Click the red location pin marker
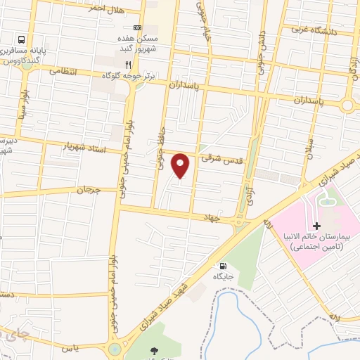tap(181, 165)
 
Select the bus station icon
tap(22, 40)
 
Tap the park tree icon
tap(154, 349)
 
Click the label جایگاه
tap(224, 277)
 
